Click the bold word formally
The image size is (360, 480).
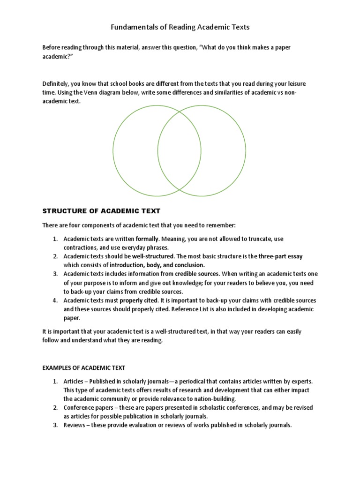(x=147, y=239)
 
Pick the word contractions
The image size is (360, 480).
(x=82, y=247)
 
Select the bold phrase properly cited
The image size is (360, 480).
(x=139, y=300)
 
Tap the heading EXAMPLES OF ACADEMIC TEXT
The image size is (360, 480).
(x=84, y=367)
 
